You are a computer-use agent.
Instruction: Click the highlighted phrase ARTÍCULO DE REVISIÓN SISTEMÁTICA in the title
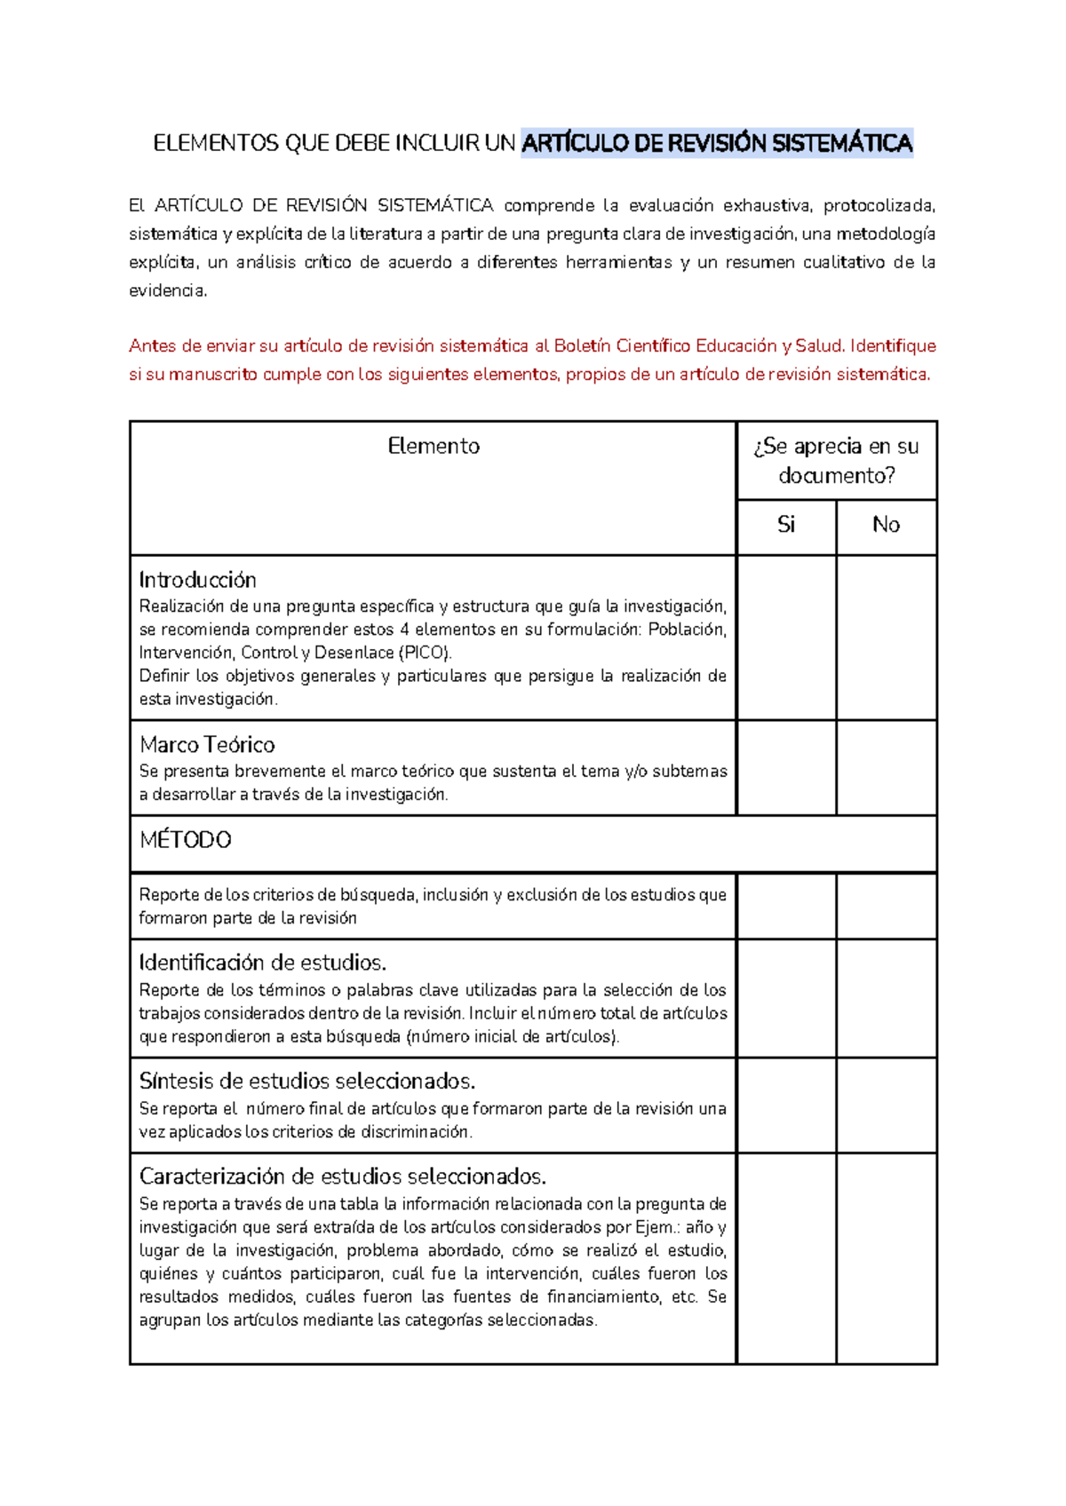(x=716, y=143)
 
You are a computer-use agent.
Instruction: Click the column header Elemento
(x=434, y=446)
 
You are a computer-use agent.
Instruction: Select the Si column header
(x=786, y=525)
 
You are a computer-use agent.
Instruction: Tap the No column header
(x=886, y=525)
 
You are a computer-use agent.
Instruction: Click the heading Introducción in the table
(x=198, y=580)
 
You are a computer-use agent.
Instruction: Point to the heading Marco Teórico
(x=207, y=744)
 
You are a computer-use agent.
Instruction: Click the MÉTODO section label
(x=186, y=840)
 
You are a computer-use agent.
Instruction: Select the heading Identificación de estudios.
(x=263, y=963)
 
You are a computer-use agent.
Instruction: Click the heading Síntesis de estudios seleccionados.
(x=307, y=1081)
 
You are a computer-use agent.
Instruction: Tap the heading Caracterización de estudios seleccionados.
(x=343, y=1177)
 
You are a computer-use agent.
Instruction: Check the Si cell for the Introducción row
(x=786, y=638)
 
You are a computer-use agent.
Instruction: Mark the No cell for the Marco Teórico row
(x=886, y=767)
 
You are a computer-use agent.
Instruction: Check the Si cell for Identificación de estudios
(x=786, y=998)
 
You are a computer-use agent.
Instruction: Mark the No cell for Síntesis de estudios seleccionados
(x=886, y=1105)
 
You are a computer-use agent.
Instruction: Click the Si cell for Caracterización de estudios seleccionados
(x=786, y=1257)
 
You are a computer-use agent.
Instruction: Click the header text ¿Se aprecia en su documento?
(x=836, y=460)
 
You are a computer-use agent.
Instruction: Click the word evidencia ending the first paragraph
(x=167, y=291)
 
